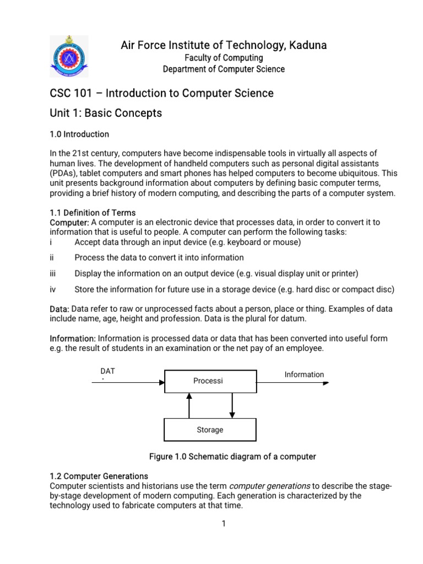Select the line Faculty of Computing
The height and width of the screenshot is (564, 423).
point(224,58)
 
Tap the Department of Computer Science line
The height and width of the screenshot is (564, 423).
point(224,69)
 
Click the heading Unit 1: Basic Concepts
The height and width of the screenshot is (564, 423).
point(106,113)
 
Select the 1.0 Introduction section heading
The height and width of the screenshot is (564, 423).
point(79,134)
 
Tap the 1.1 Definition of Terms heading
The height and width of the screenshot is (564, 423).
point(93,213)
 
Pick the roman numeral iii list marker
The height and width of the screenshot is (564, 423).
point(53,273)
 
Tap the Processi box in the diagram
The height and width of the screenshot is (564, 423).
point(210,381)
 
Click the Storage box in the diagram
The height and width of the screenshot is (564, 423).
point(210,430)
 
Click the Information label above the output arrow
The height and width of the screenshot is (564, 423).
point(304,375)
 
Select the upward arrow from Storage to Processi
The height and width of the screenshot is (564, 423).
point(189,405)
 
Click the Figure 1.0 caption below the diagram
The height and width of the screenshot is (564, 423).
point(232,457)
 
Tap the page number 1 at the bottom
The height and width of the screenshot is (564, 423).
point(224,524)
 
